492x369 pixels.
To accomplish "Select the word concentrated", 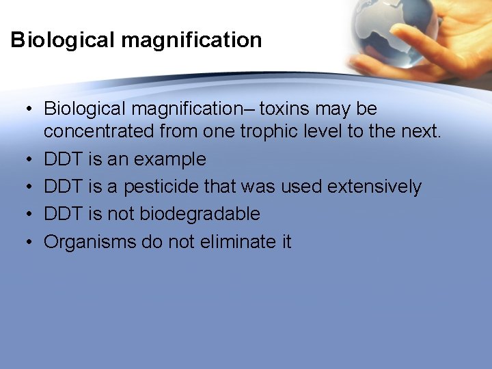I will (x=101, y=132).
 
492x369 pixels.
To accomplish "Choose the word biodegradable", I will (x=200, y=214).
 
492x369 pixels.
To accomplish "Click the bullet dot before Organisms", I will (x=24, y=242).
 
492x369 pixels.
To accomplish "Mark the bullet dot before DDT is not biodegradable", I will (x=24, y=215).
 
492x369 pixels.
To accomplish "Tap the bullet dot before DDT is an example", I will (x=24, y=160).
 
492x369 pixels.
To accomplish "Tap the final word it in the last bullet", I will (x=285, y=241).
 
